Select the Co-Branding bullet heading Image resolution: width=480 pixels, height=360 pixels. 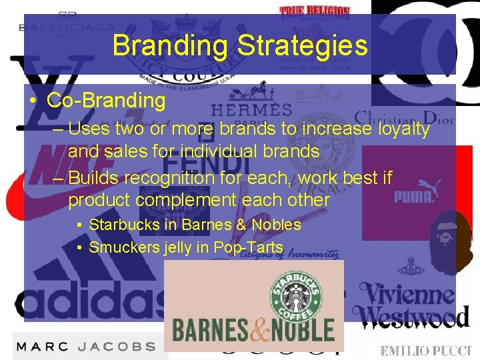pos(106,101)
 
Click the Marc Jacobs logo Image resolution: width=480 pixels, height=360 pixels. pos(85,347)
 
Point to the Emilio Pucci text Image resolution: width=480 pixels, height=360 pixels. pos(425,351)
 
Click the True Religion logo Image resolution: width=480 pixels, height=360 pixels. pos(315,11)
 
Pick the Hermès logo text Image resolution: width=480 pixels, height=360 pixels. pos(251,109)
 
